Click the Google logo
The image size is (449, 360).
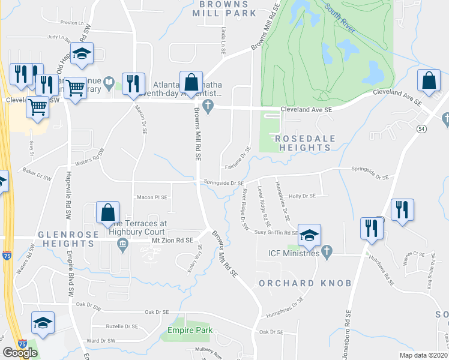pyautogui.click(x=20, y=353)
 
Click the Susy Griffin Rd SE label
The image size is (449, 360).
pyautogui.click(x=276, y=232)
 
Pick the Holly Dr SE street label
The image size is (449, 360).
pyautogui.click(x=302, y=196)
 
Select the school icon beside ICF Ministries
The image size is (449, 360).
pyautogui.click(x=309, y=236)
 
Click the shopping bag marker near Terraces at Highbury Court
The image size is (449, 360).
pyautogui.click(x=107, y=214)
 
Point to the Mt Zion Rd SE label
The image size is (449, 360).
pyautogui.click(x=172, y=240)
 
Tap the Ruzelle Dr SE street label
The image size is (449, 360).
pyautogui.click(x=123, y=328)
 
